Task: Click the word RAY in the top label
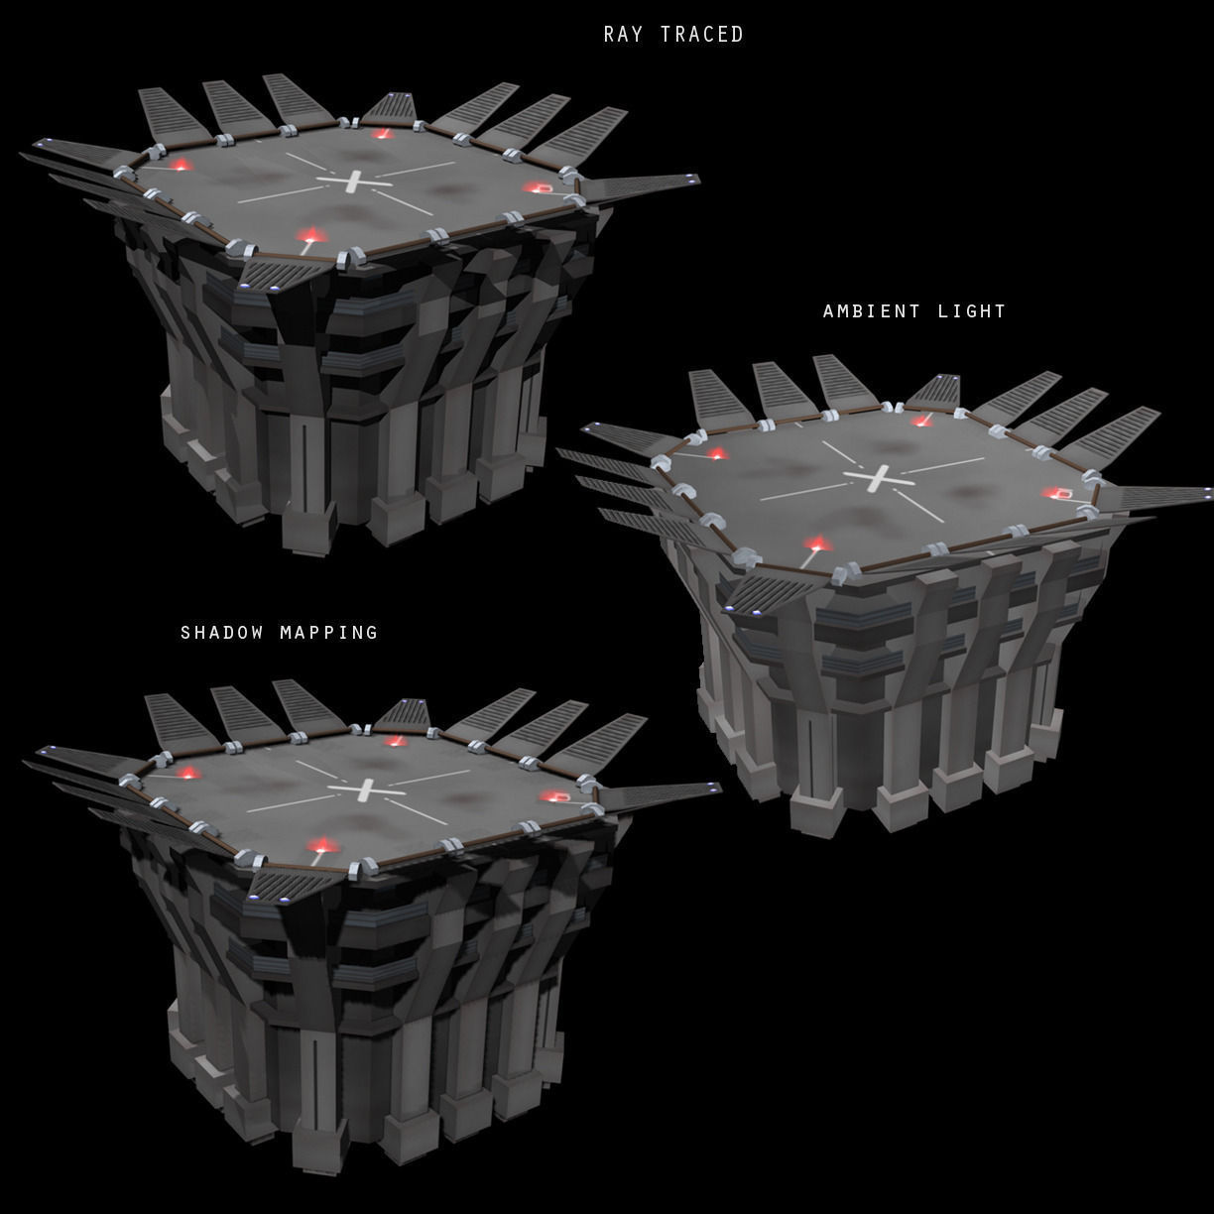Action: (x=624, y=35)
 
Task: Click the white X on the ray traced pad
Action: (x=354, y=182)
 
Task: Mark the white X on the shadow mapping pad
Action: (x=365, y=790)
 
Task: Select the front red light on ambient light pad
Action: (x=817, y=544)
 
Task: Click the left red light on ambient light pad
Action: (x=717, y=453)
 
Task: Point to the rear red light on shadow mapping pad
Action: (x=396, y=740)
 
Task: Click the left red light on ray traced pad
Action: (x=181, y=165)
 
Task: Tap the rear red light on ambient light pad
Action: (x=922, y=421)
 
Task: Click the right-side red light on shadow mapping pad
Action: (x=553, y=796)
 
